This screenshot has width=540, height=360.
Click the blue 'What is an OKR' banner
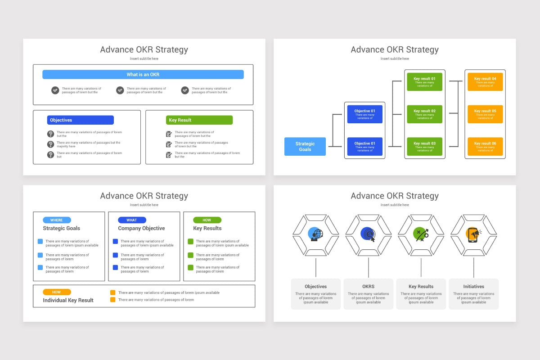pos(143,74)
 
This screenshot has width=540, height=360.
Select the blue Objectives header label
pos(80,120)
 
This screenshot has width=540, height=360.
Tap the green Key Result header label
pos(199,120)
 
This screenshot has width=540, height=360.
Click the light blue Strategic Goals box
pos(305,147)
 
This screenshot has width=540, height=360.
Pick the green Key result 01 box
pos(424,82)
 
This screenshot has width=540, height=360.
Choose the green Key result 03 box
pos(424,147)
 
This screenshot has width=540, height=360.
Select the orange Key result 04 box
pos(485,82)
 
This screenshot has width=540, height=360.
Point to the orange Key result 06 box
pos(485,147)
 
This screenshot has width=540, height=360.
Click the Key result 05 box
pos(485,114)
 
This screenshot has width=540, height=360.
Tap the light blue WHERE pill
pos(57,220)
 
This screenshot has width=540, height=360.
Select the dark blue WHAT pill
pos(132,220)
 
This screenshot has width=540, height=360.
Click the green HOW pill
pos(207,220)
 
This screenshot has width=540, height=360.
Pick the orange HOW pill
pos(57,292)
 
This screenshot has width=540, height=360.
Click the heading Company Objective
pos(141,228)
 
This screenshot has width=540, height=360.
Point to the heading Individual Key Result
pos(68,300)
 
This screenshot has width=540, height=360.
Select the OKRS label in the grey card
pos(368,286)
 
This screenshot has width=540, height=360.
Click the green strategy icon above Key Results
pos(421,234)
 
